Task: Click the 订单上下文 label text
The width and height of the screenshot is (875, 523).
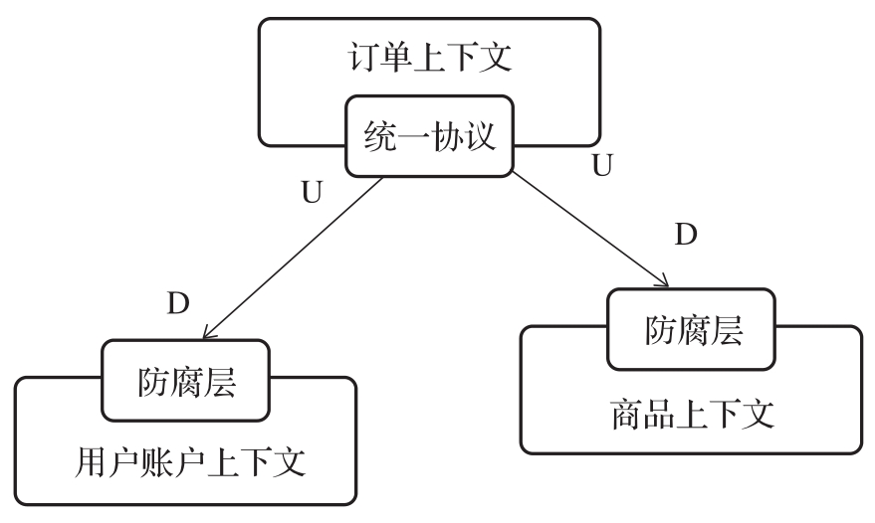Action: pyautogui.click(x=429, y=56)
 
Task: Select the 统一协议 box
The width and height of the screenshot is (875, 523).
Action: pyautogui.click(x=429, y=136)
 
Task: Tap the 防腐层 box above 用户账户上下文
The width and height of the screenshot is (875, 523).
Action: pyautogui.click(x=186, y=381)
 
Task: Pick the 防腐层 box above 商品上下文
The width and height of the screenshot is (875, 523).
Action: pyautogui.click(x=694, y=330)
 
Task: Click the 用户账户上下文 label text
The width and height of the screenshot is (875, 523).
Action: pyautogui.click(x=186, y=462)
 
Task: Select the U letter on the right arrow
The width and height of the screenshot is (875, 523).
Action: pyautogui.click(x=601, y=166)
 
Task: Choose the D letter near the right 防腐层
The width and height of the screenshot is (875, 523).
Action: pyautogui.click(x=686, y=236)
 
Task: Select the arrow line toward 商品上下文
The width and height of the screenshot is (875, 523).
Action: pyautogui.click(x=587, y=228)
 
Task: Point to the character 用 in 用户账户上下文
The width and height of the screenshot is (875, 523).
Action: pyautogui.click(x=91, y=462)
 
